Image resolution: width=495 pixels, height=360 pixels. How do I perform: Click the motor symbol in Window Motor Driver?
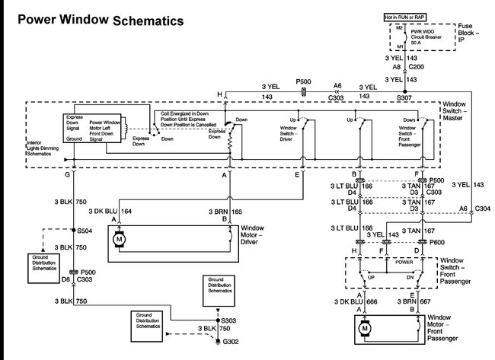[x=118, y=241]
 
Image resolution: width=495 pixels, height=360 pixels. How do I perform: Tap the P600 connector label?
[x=436, y=241]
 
